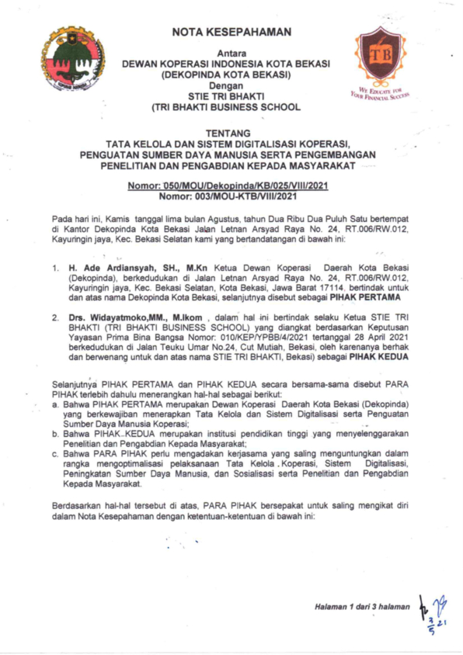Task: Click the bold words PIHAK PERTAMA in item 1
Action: point(358,299)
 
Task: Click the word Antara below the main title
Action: point(231,53)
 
